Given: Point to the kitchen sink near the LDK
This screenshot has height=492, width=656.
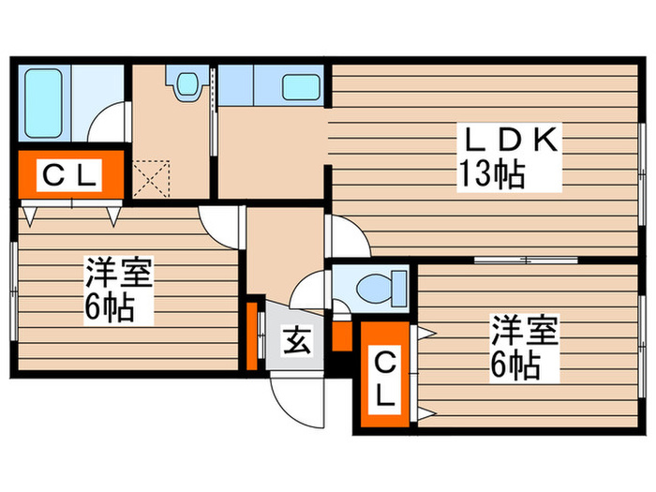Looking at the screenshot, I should [x=301, y=85].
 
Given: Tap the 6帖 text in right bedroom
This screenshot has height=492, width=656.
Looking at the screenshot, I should [x=514, y=366].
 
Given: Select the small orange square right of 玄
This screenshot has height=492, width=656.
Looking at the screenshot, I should [x=340, y=335].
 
